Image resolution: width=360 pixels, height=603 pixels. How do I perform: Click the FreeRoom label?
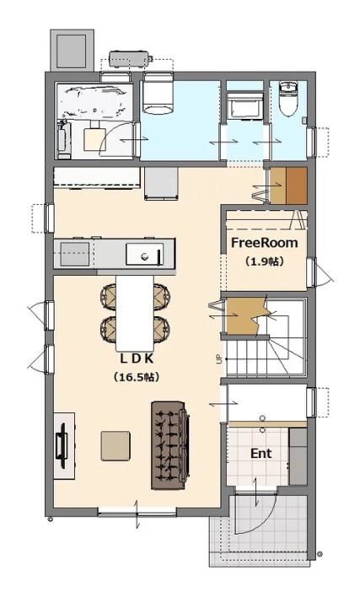264,243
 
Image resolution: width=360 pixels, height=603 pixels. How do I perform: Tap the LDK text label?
137,358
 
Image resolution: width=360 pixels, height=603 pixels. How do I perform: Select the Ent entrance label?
261,454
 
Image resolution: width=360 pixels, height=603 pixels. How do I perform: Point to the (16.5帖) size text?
137,377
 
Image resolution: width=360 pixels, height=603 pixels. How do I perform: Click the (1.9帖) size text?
264,261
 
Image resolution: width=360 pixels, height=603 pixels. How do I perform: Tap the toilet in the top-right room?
288,98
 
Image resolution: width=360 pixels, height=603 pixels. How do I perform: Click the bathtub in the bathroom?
94,101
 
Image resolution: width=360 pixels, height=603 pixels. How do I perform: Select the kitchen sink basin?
145,254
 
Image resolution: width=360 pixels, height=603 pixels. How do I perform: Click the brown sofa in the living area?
170,445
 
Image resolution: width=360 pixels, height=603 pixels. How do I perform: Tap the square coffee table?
116,445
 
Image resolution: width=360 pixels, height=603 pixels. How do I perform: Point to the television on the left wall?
62,445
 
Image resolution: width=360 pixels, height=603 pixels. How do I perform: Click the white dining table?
135,313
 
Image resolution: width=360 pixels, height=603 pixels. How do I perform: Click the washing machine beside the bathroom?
158,94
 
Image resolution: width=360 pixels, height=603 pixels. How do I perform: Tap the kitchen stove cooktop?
74,254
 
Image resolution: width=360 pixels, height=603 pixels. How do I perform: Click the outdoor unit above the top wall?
129,58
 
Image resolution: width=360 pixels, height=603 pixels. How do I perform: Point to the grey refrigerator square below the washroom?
161,183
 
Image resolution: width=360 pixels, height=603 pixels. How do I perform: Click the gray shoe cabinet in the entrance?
298,456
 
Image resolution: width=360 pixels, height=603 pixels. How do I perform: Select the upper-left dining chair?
109,297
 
